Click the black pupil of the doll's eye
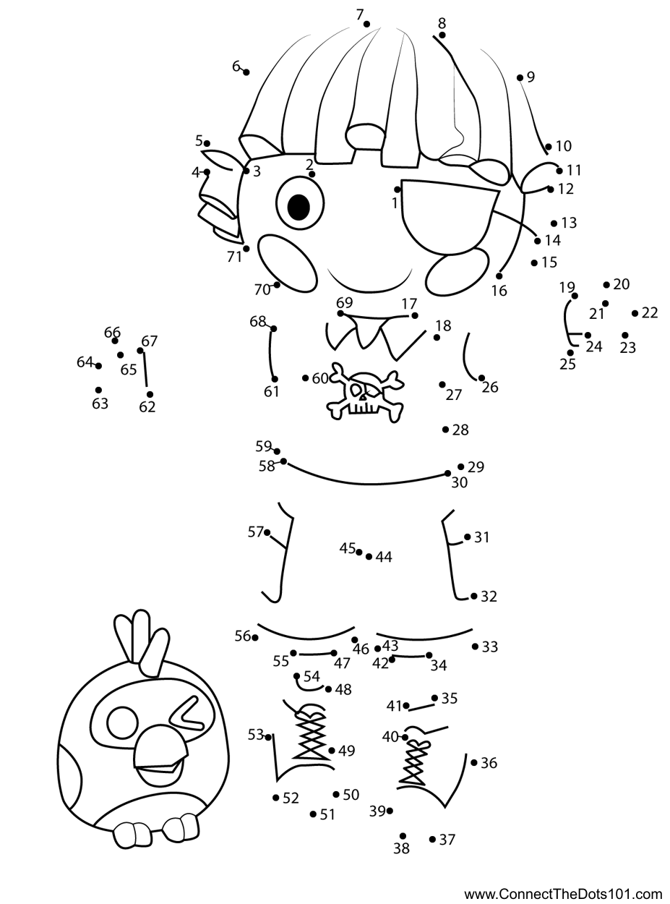pyautogui.click(x=299, y=207)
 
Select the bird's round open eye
pyautogui.click(x=122, y=722)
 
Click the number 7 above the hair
pyautogui.click(x=359, y=14)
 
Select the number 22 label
pyautogui.click(x=650, y=312)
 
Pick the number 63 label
pyautogui.click(x=100, y=404)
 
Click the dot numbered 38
pyautogui.click(x=403, y=836)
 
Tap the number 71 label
pyautogui.click(x=233, y=256)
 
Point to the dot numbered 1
pyautogui.click(x=398, y=189)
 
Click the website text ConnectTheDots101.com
pyautogui.click(x=563, y=894)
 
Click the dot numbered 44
pyautogui.click(x=369, y=556)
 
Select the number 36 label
pyautogui.click(x=489, y=763)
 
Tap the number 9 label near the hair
pyautogui.click(x=531, y=77)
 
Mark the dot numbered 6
pyautogui.click(x=246, y=72)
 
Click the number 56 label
pyautogui.click(x=242, y=636)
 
